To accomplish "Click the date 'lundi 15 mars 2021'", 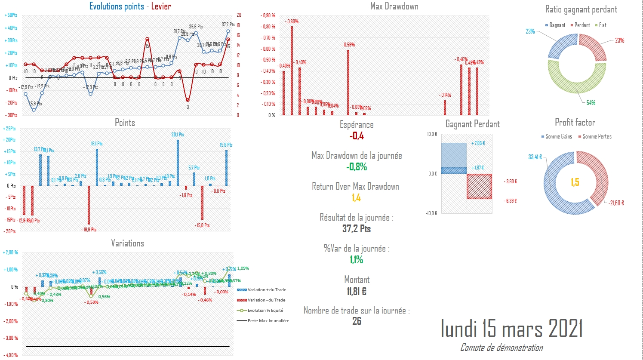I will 512,329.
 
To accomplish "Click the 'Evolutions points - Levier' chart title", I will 130,6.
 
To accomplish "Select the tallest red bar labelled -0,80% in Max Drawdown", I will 292,71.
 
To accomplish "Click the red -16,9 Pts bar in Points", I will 89,205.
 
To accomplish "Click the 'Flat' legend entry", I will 603,25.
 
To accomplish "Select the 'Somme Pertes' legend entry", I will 597,136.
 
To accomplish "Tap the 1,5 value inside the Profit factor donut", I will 575,182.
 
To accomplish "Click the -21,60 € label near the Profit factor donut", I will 616,203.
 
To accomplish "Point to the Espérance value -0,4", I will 357,136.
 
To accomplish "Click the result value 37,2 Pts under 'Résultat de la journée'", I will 357,229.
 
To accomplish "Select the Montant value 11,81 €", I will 357,291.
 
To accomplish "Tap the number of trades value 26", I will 357,321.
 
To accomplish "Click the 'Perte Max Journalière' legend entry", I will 268,321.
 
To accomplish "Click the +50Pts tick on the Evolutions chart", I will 11,15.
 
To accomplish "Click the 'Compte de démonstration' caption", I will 501,348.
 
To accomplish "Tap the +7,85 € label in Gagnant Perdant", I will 478,143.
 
